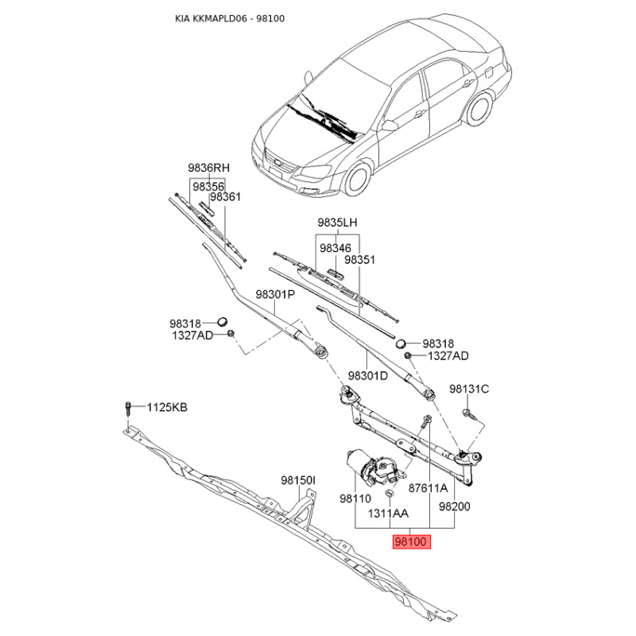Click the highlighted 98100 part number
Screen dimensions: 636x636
[x=411, y=541]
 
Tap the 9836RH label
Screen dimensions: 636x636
[x=208, y=168]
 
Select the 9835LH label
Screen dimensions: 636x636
[x=337, y=223]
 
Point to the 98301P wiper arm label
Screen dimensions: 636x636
[x=275, y=294]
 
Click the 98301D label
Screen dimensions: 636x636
[x=368, y=375]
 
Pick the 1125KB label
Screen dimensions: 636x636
[x=167, y=407]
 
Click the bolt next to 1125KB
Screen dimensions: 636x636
[x=128, y=409]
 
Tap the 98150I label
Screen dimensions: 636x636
[x=298, y=480]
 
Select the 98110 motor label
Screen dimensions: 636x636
[x=355, y=498]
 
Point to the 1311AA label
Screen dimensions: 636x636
[x=388, y=513]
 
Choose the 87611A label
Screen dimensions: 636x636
[x=428, y=487]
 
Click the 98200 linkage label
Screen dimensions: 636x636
[x=454, y=506]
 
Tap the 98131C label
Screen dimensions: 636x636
[x=469, y=389]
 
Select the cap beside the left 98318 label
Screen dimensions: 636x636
[x=223, y=322]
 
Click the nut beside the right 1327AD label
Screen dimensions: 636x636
[x=408, y=355]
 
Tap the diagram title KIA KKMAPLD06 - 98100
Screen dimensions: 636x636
[x=230, y=18]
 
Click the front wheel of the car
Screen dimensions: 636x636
[x=359, y=179]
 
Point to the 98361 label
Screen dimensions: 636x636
[x=226, y=196]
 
